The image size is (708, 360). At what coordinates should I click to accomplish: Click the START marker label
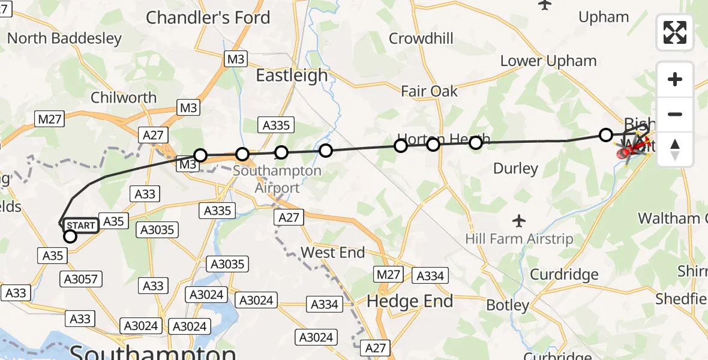80,226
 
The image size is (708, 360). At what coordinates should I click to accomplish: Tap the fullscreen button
675,32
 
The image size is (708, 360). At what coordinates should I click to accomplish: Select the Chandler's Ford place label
208,18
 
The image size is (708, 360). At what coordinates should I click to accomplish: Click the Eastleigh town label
292,76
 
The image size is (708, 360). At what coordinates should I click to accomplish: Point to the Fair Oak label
429,92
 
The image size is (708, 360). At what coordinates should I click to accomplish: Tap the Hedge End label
410,301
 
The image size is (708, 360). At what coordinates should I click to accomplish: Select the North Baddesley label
64,38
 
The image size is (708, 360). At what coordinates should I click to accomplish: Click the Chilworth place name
124,97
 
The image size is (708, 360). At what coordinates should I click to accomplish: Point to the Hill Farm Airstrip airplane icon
520,221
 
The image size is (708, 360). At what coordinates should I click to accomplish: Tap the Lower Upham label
548,61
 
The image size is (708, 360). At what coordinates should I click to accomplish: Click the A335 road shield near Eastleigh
276,125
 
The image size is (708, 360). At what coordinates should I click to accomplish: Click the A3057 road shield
81,278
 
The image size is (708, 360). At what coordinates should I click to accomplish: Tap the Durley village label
515,169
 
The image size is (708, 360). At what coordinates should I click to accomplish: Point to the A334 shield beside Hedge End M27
430,275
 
